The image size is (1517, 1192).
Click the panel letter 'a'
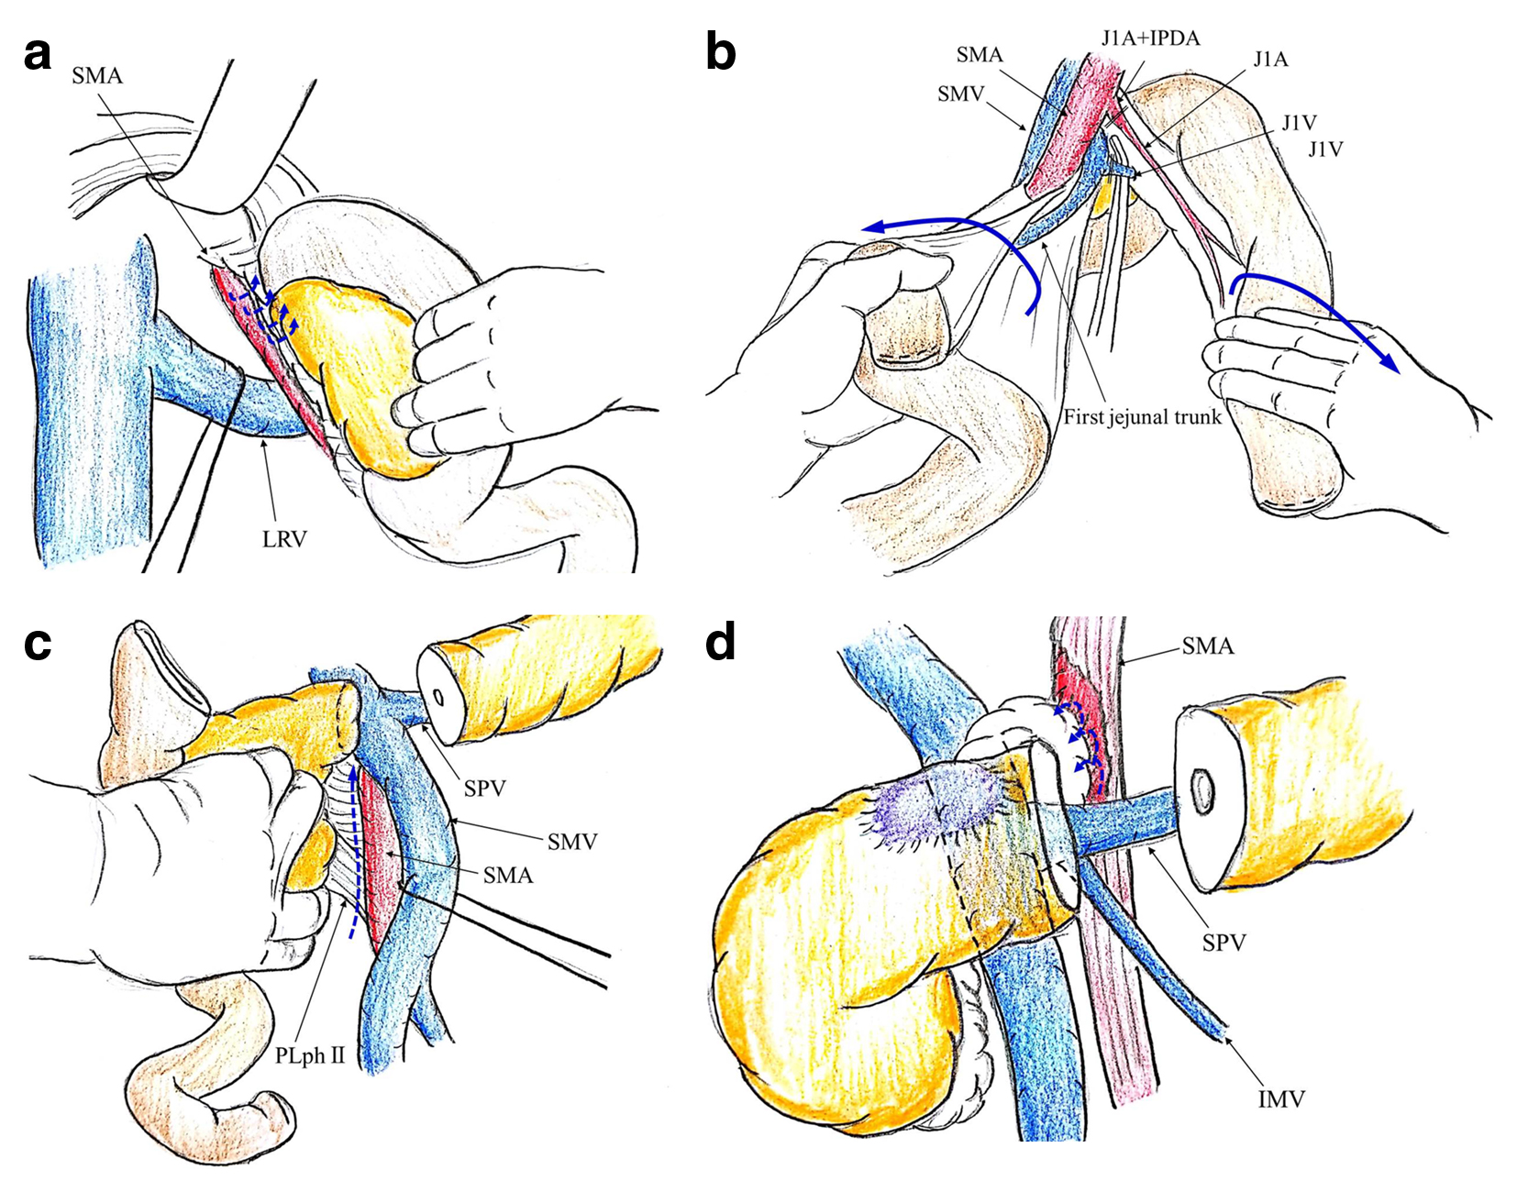point(38,54)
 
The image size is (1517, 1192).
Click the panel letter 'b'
point(721,52)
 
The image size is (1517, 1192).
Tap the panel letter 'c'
point(38,644)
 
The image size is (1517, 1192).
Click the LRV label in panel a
point(284,539)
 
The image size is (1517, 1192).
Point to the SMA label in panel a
point(97,75)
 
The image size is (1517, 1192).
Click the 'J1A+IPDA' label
point(1150,38)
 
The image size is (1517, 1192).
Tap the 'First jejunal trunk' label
point(1142,417)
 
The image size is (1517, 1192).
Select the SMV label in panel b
point(960,94)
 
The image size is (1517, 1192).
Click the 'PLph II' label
point(310,1055)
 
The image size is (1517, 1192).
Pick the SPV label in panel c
point(485,788)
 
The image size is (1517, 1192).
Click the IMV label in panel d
point(1280,1098)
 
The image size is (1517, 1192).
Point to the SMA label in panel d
point(1207,646)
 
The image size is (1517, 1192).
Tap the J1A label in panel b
point(1271,60)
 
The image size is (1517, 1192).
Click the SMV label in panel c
point(572,841)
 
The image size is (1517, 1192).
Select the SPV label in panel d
point(1224,942)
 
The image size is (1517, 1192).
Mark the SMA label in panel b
point(980,55)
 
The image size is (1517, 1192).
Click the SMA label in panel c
point(508,876)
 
